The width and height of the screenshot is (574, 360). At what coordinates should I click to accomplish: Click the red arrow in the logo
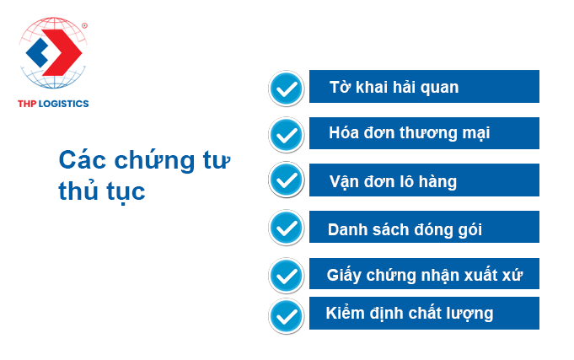point(65,52)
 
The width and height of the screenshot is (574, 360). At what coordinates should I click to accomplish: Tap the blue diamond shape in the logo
point(37,53)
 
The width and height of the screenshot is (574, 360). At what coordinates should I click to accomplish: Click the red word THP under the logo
point(27,104)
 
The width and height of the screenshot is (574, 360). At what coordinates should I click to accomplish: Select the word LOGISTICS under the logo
point(64,104)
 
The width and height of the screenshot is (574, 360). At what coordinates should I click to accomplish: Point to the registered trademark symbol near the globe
point(84,25)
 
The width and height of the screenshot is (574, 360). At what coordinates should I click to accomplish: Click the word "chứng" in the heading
point(155,161)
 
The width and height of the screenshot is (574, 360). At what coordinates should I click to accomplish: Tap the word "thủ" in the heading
point(78,191)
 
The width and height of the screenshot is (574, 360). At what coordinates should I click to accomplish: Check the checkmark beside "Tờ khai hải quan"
point(287,89)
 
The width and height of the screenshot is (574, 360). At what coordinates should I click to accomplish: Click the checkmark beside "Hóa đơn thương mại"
point(287,135)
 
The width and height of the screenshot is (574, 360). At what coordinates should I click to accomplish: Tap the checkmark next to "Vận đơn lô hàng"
point(287,180)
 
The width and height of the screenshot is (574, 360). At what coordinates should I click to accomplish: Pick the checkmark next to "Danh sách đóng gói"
point(287,228)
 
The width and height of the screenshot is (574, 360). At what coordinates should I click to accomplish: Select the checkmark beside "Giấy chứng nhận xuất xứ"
point(287,276)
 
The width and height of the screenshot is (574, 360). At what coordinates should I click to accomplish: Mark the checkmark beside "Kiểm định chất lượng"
point(287,316)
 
